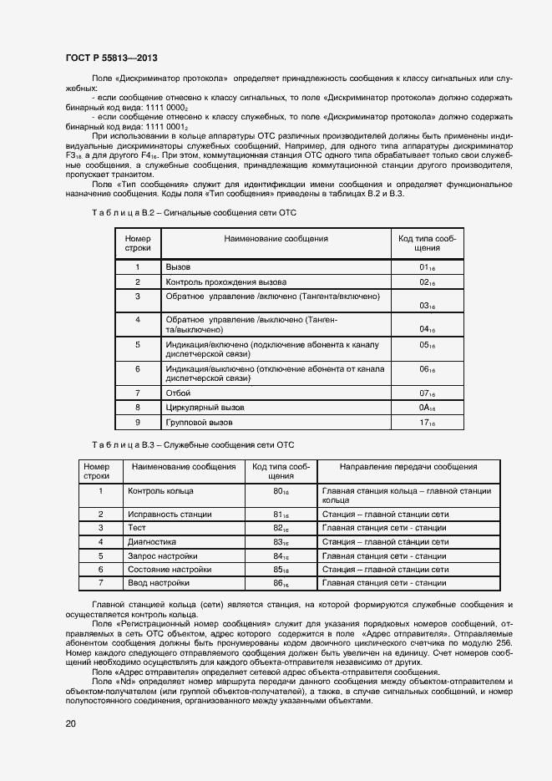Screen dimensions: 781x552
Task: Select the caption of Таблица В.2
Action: click(194, 214)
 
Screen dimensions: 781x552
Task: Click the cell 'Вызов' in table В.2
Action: click(179, 266)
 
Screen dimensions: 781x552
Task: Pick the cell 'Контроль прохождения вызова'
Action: click(226, 281)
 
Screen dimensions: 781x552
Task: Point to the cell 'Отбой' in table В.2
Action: click(179, 392)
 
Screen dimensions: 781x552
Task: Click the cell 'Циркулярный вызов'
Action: click(205, 407)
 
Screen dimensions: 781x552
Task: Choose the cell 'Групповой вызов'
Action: click(200, 423)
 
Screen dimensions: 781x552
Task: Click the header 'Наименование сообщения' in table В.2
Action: click(276, 239)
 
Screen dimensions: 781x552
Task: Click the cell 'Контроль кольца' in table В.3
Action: click(160, 491)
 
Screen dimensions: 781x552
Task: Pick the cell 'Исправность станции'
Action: click(170, 514)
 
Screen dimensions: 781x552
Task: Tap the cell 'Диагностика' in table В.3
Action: click(152, 541)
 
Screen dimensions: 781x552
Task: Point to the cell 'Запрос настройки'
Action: click(163, 555)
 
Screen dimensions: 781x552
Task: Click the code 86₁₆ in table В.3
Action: click(281, 583)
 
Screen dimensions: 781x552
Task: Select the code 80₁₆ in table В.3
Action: click(281, 492)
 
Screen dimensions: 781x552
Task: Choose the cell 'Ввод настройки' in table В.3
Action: click(159, 582)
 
